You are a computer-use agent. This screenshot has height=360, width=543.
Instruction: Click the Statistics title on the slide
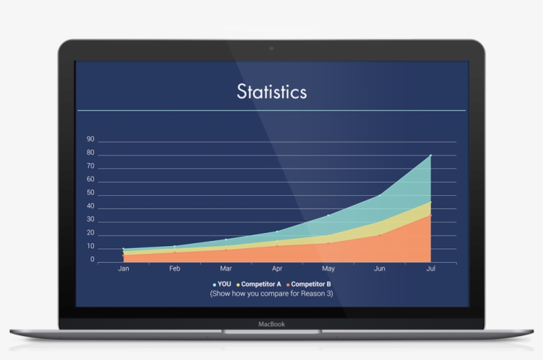[x=271, y=91]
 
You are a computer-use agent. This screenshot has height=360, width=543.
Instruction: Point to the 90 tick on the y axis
[x=91, y=140]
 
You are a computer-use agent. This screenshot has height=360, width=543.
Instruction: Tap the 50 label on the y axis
[x=91, y=193]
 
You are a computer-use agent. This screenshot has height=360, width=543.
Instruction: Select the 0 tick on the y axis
[x=92, y=260]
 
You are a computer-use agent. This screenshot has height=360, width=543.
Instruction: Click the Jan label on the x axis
[x=123, y=269]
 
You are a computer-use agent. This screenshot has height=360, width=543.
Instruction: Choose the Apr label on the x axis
[x=277, y=269]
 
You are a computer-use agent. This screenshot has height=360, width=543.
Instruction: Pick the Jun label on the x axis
[x=379, y=269]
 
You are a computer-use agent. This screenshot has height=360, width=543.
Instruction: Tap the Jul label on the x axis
[x=430, y=269]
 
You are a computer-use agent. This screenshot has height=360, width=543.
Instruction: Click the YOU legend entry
[x=222, y=284]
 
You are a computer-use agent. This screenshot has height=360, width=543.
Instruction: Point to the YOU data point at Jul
[x=430, y=156]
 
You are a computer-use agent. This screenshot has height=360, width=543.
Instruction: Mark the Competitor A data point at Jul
[x=430, y=202]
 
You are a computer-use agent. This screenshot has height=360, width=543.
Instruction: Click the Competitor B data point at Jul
[x=430, y=215]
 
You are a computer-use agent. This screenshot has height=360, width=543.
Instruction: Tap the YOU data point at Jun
[x=379, y=195]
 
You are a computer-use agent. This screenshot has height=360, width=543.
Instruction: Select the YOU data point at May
[x=328, y=215]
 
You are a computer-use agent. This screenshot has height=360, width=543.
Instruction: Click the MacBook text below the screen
[x=271, y=324]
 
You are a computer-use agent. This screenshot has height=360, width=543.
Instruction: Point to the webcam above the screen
[x=271, y=48]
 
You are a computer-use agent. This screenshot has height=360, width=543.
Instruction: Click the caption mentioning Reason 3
[x=271, y=292]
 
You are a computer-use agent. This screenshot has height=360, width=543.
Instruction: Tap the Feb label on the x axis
[x=175, y=269]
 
